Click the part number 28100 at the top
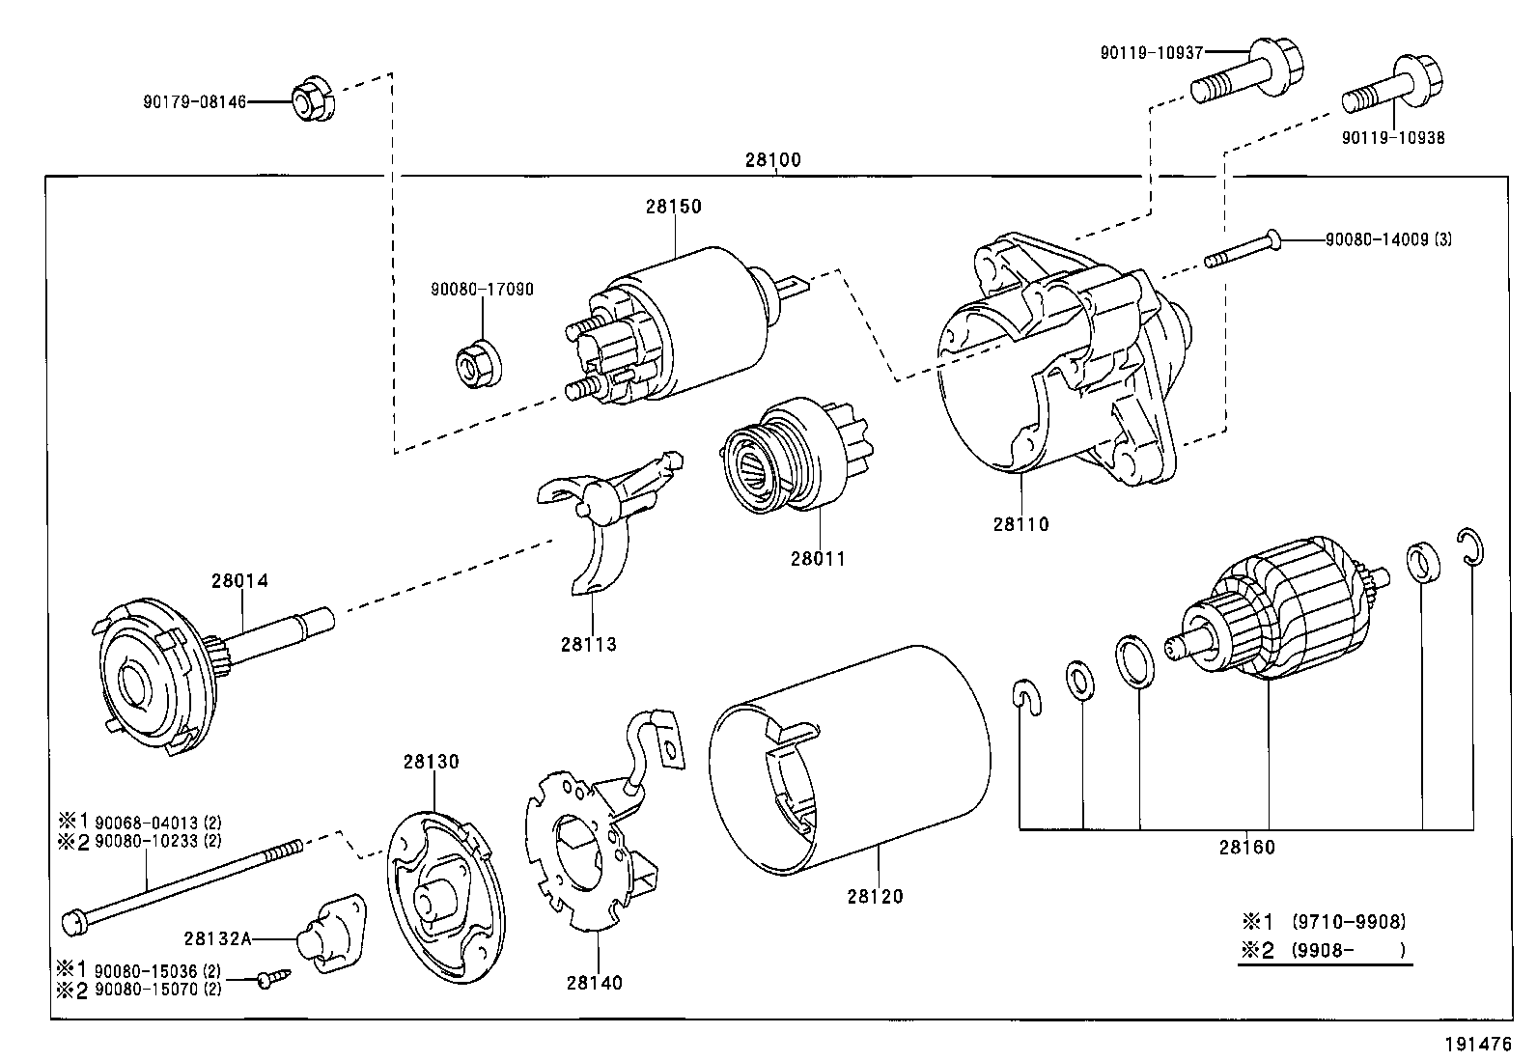click(772, 160)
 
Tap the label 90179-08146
click(194, 102)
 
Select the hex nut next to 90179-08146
click(314, 99)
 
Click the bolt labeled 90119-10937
click(1246, 70)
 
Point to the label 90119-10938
click(1393, 138)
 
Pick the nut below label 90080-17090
click(479, 364)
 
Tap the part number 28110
click(1021, 524)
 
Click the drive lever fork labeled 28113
click(603, 515)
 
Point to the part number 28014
click(239, 580)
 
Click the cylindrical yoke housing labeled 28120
click(850, 761)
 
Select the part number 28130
click(431, 762)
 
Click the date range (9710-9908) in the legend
click(1349, 922)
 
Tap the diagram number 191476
click(1479, 1044)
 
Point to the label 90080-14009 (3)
click(1388, 239)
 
